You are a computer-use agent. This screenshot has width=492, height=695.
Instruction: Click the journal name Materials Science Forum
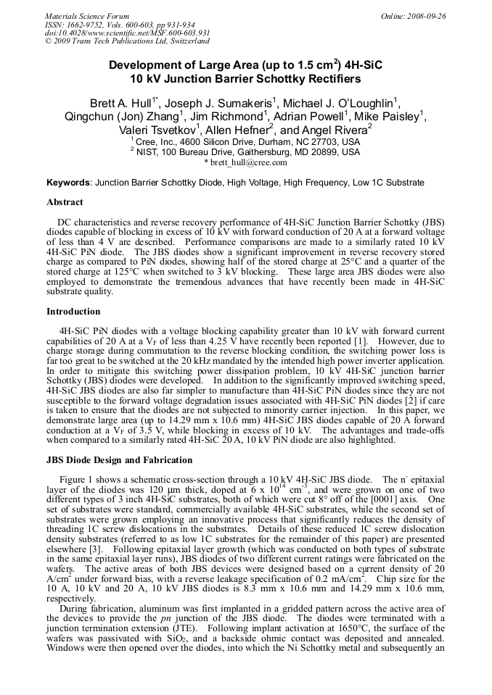[87, 16]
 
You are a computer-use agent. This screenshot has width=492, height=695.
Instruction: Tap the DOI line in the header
[128, 33]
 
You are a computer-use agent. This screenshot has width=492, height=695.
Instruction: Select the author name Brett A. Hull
[124, 102]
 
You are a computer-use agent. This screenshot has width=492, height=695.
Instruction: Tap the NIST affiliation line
[245, 152]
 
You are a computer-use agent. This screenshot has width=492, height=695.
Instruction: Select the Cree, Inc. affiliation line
[245, 142]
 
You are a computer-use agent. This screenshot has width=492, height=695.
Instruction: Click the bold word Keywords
[69, 183]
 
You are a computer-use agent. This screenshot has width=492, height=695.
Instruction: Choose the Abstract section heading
[65, 202]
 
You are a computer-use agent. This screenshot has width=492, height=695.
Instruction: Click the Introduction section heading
[73, 312]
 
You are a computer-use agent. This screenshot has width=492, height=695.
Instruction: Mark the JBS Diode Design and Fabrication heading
[120, 460]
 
